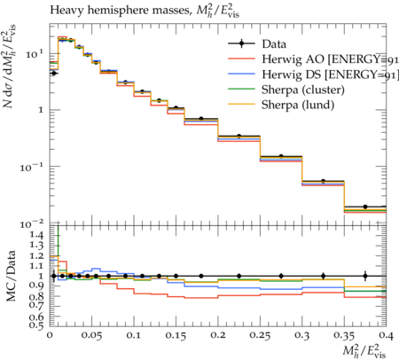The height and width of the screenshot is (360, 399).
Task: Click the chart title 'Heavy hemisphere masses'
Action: [120, 11]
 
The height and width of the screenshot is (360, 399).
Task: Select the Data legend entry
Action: [257, 44]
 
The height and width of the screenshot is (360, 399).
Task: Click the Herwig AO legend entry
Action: [313, 59]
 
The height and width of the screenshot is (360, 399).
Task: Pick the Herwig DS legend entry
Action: [313, 74]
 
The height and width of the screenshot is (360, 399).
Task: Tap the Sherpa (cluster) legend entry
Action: [286, 90]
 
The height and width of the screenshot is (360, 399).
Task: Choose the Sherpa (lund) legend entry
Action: [281, 106]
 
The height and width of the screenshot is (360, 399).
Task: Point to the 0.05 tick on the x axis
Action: [91, 335]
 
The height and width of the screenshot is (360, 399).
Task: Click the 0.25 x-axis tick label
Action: [260, 335]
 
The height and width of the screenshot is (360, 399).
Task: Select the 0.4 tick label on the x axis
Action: [386, 335]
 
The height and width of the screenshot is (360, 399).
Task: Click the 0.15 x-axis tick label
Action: [176, 335]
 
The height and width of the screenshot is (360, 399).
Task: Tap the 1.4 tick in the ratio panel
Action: [36, 235]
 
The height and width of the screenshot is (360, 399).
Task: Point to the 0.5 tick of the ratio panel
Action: [36, 325]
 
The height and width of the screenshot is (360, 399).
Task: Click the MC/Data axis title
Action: [11, 276]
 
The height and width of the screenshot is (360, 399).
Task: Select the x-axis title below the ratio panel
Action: [364, 350]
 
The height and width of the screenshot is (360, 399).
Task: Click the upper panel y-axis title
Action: [10, 67]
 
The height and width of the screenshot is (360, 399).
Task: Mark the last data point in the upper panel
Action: [365, 207]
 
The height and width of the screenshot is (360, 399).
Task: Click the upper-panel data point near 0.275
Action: [281, 156]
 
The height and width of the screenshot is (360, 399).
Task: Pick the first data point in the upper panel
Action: [53, 73]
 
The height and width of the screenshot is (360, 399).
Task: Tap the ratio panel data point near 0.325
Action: [324, 276]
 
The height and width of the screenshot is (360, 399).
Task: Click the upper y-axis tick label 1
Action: [41, 110]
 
